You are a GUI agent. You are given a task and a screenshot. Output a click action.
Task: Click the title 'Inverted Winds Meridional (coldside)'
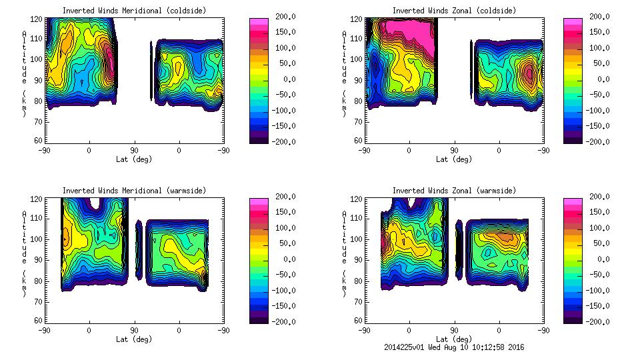click(134, 11)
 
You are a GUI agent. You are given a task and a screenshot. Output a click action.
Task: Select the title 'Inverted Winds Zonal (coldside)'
click(454, 11)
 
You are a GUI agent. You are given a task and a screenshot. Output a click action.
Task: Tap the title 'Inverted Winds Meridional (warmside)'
click(134, 191)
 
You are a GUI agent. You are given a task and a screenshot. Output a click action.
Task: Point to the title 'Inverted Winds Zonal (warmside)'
click(454, 191)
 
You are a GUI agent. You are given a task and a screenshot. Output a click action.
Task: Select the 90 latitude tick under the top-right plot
click(454, 151)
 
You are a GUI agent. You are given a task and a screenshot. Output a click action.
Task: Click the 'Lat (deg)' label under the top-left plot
click(134, 159)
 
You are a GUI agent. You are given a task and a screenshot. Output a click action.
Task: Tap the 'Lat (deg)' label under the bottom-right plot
click(454, 339)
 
